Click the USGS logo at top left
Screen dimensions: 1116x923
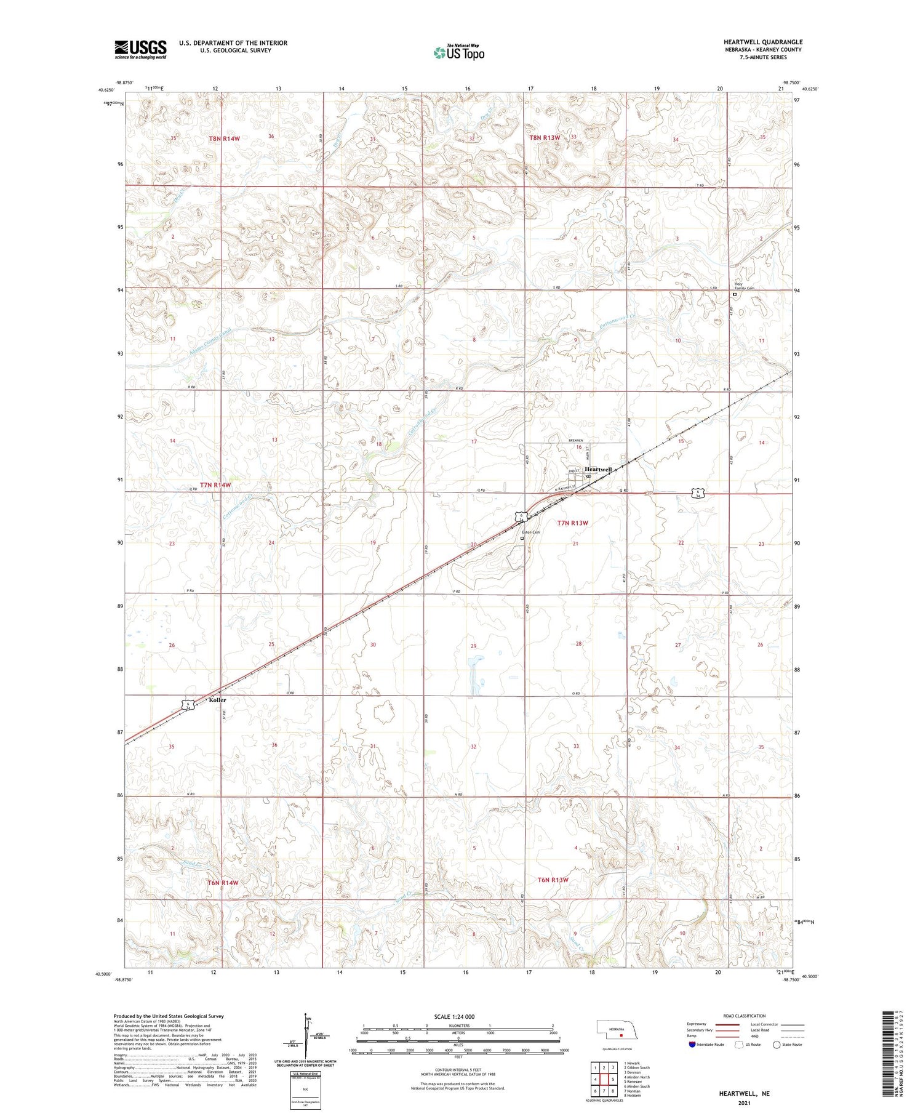[140, 49]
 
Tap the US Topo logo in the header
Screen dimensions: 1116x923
[459, 53]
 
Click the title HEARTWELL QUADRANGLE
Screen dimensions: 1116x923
[763, 42]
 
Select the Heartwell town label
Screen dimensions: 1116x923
[597, 470]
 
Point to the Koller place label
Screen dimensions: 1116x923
[217, 700]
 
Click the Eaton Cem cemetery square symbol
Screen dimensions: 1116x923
[522, 538]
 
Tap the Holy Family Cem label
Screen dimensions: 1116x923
[745, 286]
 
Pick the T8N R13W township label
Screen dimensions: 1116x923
[545, 138]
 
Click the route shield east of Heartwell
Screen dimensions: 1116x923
[697, 492]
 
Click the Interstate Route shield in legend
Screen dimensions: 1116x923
[692, 1045]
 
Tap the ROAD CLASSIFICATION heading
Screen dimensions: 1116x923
[745, 1016]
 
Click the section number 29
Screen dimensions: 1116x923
[473, 646]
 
